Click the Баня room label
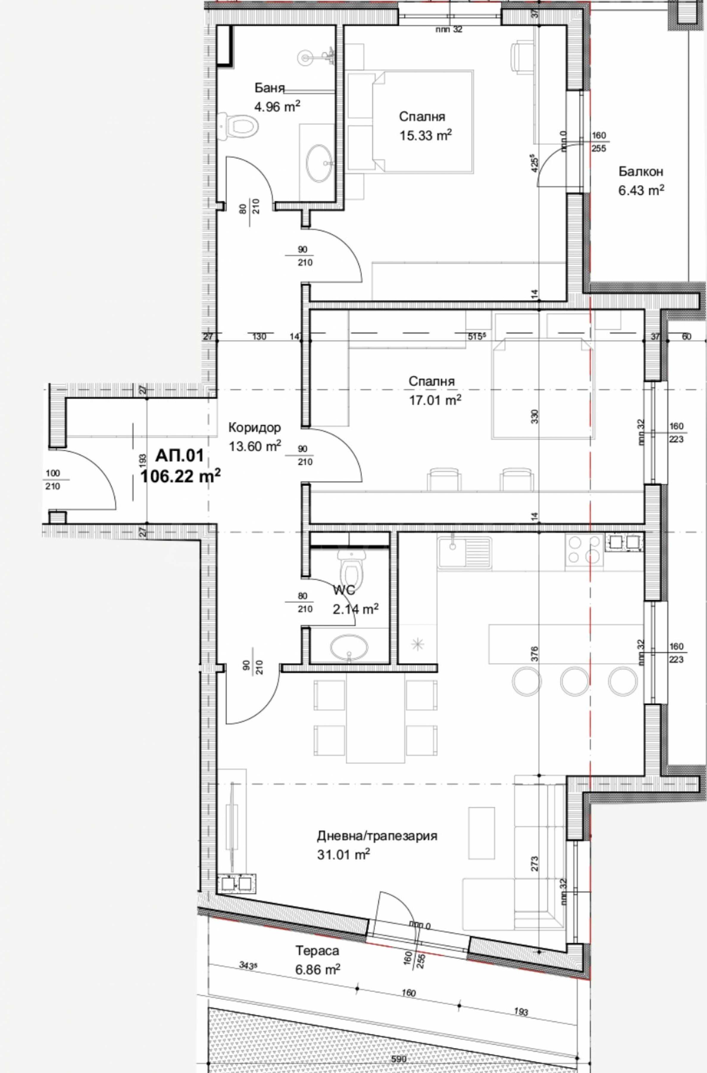pyautogui.click(x=270, y=87)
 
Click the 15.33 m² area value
pyautogui.click(x=426, y=135)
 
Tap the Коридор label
pyautogui.click(x=255, y=427)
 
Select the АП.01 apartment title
pyautogui.click(x=180, y=456)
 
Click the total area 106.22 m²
pyautogui.click(x=180, y=476)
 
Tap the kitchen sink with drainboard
pyautogui.click(x=464, y=553)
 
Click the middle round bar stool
pyautogui.click(x=574, y=681)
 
